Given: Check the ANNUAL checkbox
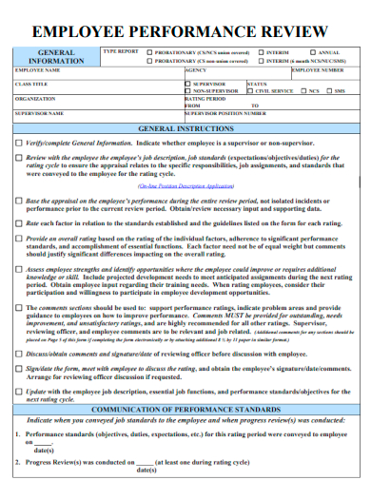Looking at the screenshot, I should [x=312, y=52].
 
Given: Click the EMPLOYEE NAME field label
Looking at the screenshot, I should [x=38, y=70].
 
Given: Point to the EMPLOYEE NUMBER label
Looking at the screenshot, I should [x=318, y=70].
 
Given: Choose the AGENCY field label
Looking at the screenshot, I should [x=195, y=70].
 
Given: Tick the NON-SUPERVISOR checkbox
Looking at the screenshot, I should [x=187, y=91].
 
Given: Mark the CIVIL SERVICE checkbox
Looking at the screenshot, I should [x=250, y=91].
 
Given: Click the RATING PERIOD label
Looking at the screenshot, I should [x=204, y=98].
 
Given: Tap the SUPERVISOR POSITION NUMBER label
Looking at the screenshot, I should [x=225, y=112].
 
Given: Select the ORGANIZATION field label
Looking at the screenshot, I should [x=36, y=98].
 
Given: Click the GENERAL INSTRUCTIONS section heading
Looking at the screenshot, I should [x=185, y=126].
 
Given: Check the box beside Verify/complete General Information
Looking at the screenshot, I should [x=19, y=143].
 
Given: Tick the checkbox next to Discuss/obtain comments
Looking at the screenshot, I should [x=19, y=354].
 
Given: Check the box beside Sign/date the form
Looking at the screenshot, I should [x=19, y=368].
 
